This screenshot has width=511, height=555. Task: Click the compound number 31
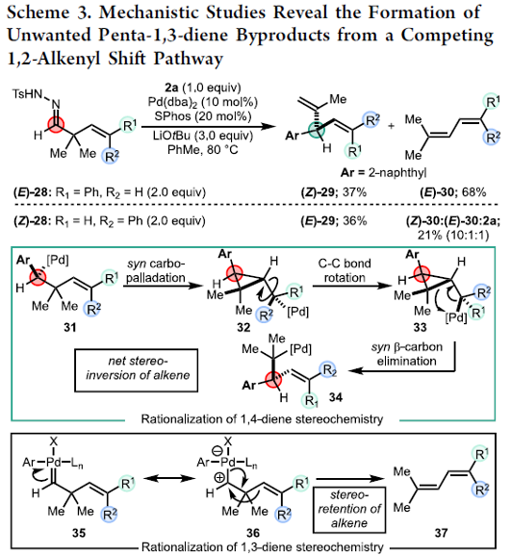point(70,328)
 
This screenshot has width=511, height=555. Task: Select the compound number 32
point(243,328)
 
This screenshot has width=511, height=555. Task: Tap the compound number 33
point(420,328)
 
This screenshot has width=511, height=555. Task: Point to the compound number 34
point(336,398)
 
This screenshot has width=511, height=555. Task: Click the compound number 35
point(79,533)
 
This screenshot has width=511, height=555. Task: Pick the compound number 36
point(253,533)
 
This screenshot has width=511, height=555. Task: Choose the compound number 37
point(442,533)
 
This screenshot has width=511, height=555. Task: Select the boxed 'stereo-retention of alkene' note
point(349,510)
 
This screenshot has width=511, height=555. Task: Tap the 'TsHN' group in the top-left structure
point(27,94)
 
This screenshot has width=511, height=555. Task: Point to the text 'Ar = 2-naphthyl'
point(384,173)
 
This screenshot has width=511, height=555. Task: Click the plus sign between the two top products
point(391,126)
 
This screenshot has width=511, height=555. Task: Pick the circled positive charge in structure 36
point(219,478)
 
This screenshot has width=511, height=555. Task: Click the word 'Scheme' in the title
point(38,13)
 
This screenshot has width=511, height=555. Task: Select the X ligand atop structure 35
point(54,441)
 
